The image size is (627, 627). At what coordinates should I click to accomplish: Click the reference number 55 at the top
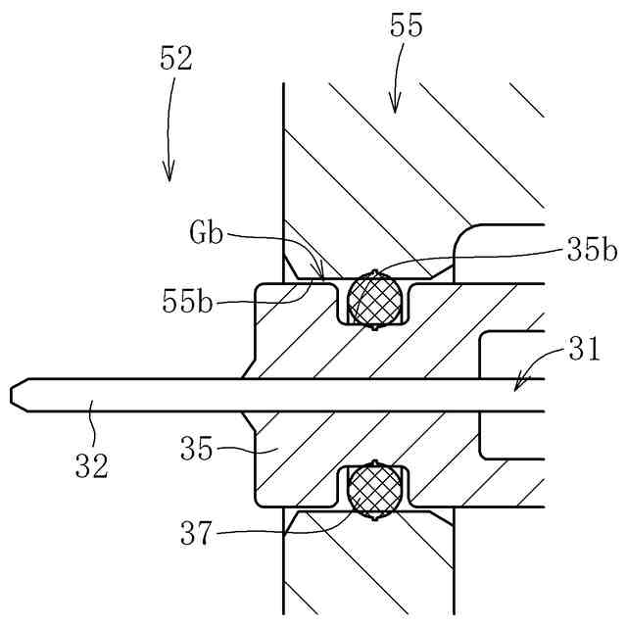(x=407, y=26)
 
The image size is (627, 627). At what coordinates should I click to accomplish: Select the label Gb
(x=207, y=235)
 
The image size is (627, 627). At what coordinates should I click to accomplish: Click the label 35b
(x=592, y=250)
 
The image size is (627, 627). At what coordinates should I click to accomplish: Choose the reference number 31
(x=584, y=349)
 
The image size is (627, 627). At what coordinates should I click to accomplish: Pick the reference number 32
(x=91, y=463)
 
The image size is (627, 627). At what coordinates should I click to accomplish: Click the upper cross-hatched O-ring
(x=377, y=297)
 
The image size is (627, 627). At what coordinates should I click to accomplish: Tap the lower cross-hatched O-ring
(x=377, y=487)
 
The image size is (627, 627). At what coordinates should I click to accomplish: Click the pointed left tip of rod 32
(x=14, y=395)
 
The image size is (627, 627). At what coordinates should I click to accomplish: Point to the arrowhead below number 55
(x=396, y=105)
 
